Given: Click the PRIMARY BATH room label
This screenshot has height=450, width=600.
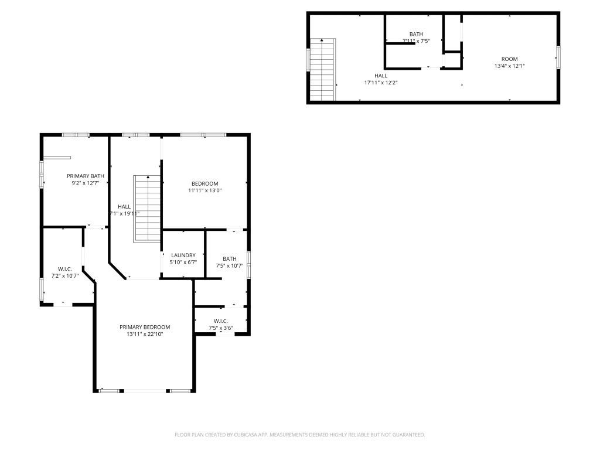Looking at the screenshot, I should [x=86, y=176].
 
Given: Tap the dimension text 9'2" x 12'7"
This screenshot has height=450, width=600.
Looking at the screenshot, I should [x=86, y=183].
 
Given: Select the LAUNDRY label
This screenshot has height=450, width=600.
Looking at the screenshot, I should [x=183, y=255].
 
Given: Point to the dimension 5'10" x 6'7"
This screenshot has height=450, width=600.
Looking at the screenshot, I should [x=183, y=262].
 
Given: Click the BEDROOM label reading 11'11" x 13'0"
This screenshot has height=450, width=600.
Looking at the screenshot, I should [x=204, y=183].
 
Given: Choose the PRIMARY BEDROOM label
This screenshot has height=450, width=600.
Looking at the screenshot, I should [x=145, y=327].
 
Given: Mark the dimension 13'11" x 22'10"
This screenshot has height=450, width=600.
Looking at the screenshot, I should [x=145, y=334].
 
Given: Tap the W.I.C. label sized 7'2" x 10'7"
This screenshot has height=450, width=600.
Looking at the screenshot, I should [x=64, y=268].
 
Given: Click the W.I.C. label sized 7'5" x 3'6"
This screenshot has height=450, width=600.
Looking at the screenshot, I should [x=220, y=321].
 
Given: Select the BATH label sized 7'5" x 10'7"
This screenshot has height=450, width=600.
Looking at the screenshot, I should [x=230, y=258].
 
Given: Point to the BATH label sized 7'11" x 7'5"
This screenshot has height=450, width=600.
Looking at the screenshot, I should [x=416, y=34].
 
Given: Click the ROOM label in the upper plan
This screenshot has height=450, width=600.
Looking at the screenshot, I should [x=509, y=59].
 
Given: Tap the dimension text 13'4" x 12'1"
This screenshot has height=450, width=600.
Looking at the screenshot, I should [x=509, y=66].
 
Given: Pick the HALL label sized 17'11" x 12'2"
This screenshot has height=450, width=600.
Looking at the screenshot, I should [x=381, y=76].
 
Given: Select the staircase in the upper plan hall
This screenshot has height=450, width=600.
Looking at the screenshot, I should [x=322, y=70].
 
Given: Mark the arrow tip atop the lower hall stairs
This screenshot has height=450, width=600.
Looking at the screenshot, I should [x=148, y=176].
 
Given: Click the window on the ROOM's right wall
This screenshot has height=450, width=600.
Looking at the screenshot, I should [x=558, y=57].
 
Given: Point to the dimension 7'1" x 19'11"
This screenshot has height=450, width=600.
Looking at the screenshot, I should [x=124, y=213].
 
